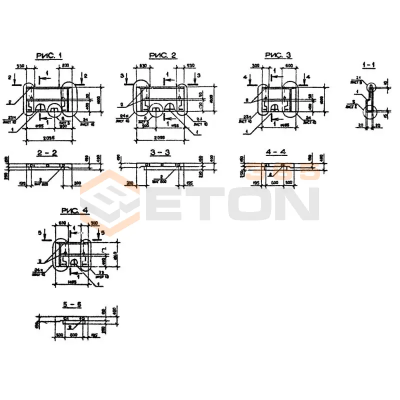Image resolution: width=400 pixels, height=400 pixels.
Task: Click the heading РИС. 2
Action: [x=162, y=55]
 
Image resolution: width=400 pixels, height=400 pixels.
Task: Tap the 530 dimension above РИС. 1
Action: [x=21, y=65]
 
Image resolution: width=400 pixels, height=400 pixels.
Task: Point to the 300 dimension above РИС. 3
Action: [x=256, y=65]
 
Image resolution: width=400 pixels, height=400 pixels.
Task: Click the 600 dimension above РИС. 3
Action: [x=288, y=65]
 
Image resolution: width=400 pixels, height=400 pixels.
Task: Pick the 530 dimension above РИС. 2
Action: [x=190, y=65]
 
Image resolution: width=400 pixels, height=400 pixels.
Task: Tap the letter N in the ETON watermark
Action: [x=298, y=203]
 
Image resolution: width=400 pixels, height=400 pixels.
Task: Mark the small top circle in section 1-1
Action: [x=371, y=86]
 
